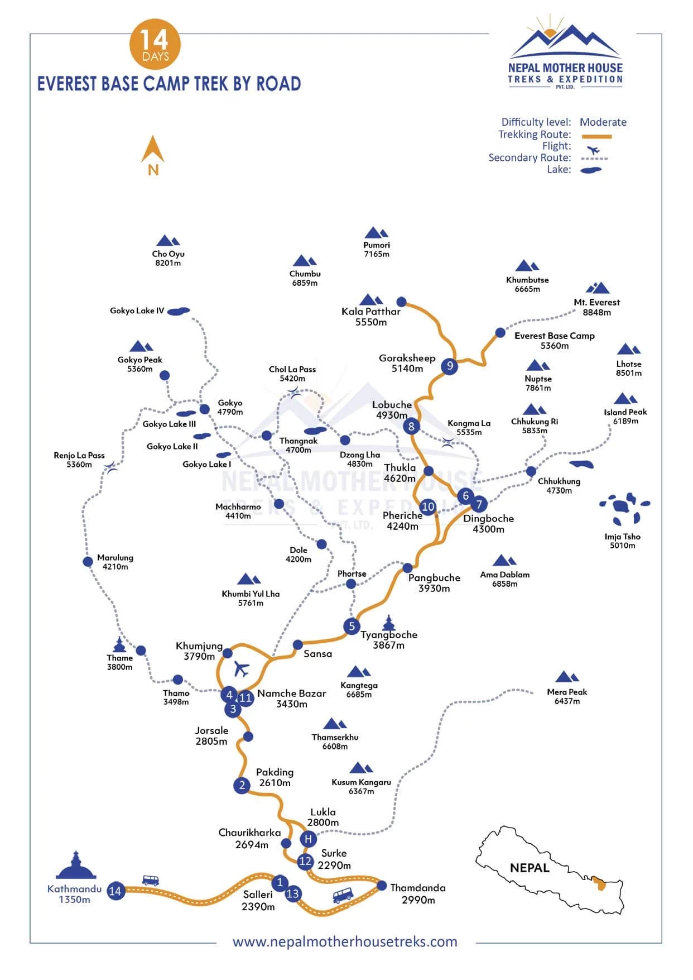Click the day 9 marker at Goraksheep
(x=449, y=366)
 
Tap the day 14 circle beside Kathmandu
(x=116, y=891)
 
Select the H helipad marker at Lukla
(x=308, y=839)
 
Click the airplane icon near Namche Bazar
(x=242, y=668)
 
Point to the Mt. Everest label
(x=596, y=302)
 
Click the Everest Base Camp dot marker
(x=500, y=333)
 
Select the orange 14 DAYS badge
(x=155, y=45)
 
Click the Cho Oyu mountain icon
(x=167, y=241)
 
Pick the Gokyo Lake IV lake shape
(x=179, y=311)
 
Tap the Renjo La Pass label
(x=79, y=455)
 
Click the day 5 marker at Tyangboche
(x=352, y=626)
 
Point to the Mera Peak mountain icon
(x=567, y=677)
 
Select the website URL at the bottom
(x=345, y=941)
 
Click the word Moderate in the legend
(x=603, y=122)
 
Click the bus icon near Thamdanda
(x=343, y=896)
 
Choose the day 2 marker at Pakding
(x=242, y=785)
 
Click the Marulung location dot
(x=88, y=561)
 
